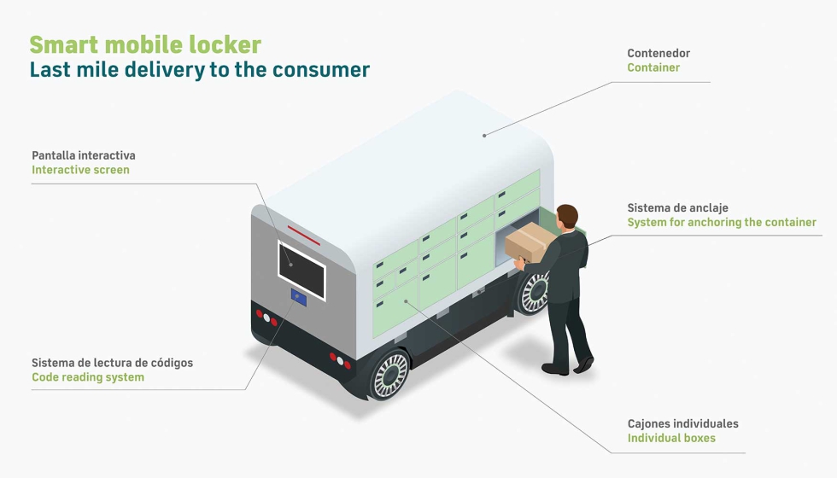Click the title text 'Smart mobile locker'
(x=145, y=44)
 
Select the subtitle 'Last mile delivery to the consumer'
(x=199, y=70)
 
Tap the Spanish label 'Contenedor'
(x=658, y=53)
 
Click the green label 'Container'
(x=653, y=67)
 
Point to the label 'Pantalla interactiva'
(x=84, y=155)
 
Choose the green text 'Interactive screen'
(x=80, y=170)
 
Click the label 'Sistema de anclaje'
(x=677, y=207)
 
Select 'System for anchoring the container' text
(x=722, y=222)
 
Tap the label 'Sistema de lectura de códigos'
(x=112, y=363)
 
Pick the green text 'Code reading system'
(x=88, y=377)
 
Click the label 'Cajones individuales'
(x=682, y=423)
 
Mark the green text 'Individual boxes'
(x=671, y=438)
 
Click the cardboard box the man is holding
(x=530, y=242)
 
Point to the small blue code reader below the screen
(x=299, y=298)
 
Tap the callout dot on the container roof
(x=484, y=134)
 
